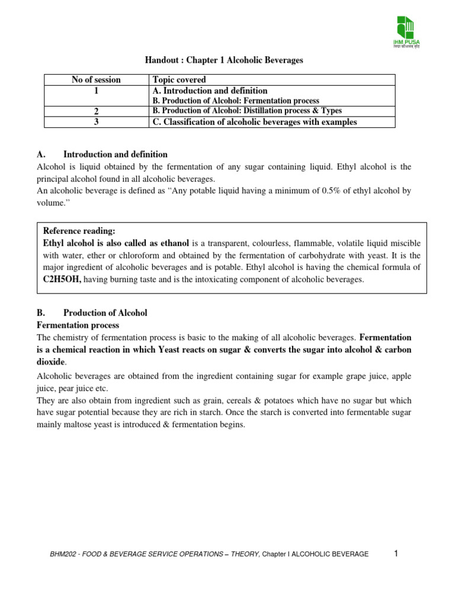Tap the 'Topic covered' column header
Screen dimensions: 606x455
pos(179,79)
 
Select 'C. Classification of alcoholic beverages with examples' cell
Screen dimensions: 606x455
pos(255,122)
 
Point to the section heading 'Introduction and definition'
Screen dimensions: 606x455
pos(115,154)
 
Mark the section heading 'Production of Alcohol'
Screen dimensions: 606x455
pos(105,313)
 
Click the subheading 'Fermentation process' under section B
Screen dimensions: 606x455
pos(78,325)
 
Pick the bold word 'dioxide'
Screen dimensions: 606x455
pos(51,361)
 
